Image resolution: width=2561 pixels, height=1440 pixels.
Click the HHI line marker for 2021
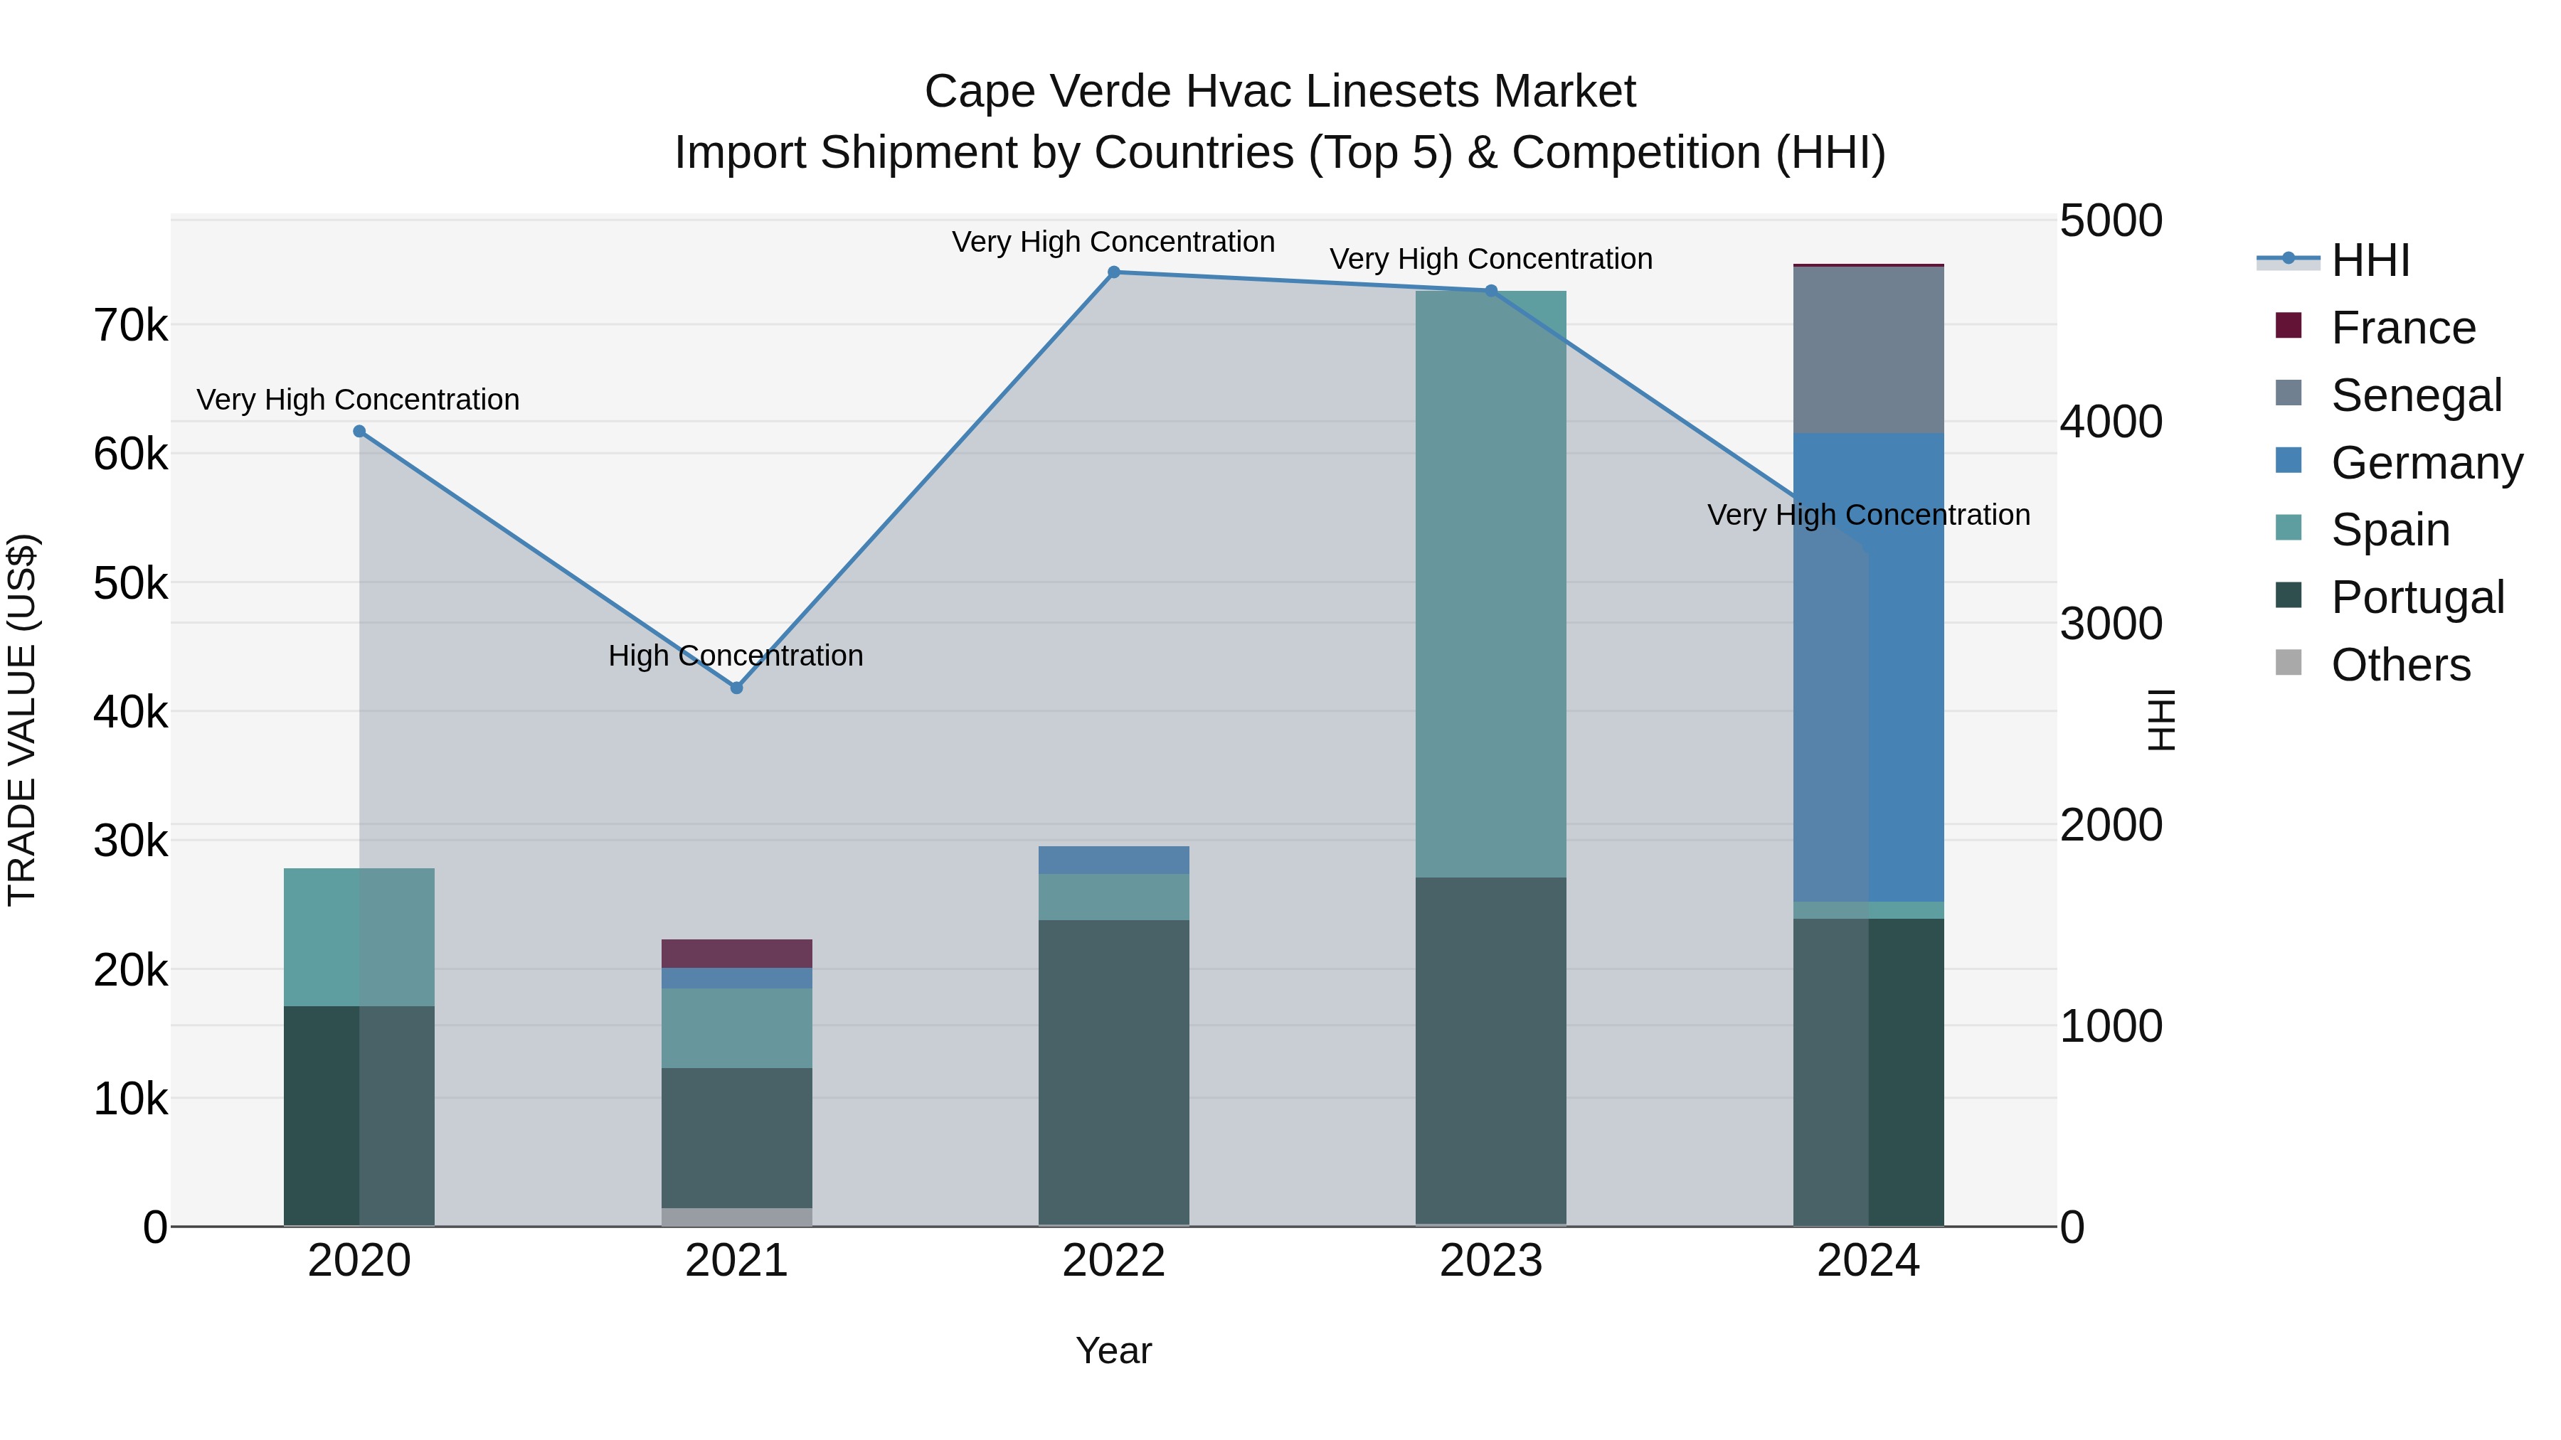click(737, 688)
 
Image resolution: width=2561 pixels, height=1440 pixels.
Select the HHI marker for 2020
click(360, 432)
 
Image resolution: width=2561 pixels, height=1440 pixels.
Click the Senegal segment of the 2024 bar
click(1868, 350)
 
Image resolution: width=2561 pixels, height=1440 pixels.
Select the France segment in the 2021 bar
click(737, 953)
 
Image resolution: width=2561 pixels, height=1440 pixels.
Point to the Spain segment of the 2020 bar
click(359, 937)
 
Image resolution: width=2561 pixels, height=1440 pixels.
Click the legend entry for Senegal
click(2416, 395)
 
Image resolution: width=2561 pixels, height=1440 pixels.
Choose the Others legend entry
click(2400, 665)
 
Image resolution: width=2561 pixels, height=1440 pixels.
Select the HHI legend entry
click(2370, 260)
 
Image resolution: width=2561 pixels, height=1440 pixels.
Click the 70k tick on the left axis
click(130, 326)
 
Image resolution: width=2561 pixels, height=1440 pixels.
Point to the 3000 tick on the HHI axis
click(2111, 624)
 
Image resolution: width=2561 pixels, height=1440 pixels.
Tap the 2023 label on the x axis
click(1490, 1261)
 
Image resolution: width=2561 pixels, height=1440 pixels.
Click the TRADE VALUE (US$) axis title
click(22, 720)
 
